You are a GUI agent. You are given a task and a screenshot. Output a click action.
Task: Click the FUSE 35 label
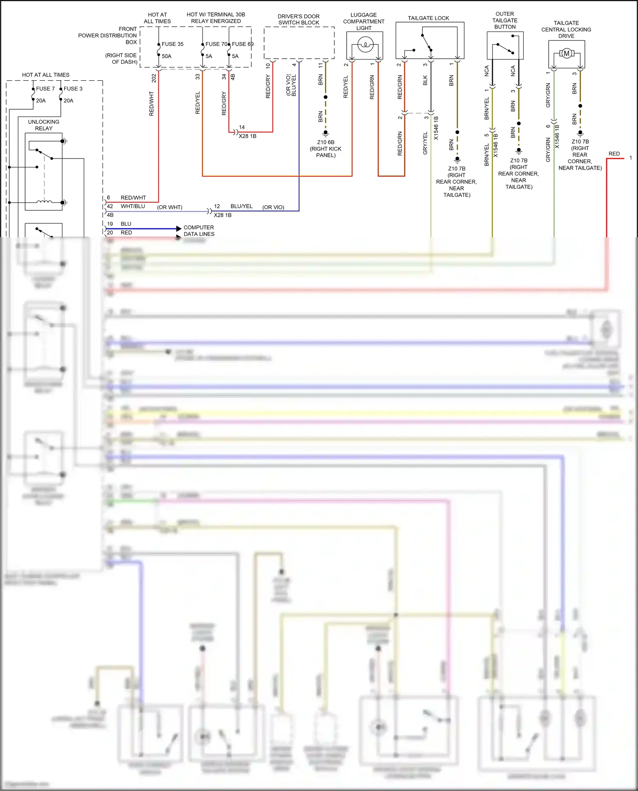(x=172, y=44)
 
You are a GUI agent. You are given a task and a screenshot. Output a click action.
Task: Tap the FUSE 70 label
(x=216, y=44)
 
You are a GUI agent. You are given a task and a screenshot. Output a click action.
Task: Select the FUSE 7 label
(x=45, y=89)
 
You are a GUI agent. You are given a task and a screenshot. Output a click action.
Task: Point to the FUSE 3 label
(x=73, y=89)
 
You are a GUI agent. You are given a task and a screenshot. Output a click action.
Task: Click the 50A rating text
(x=166, y=56)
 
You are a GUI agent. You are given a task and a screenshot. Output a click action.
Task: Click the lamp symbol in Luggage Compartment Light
(x=365, y=44)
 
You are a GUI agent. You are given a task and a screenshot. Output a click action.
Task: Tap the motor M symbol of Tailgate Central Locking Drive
(x=566, y=53)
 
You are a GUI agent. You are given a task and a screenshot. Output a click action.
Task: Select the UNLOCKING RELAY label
(x=44, y=125)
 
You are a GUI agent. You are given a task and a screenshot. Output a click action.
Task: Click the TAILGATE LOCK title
(x=428, y=18)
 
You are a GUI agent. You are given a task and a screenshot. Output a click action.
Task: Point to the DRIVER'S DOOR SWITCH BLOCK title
(x=299, y=20)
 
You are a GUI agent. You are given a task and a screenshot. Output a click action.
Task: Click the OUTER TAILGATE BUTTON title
(x=505, y=20)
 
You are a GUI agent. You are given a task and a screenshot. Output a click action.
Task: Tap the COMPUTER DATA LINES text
(x=199, y=231)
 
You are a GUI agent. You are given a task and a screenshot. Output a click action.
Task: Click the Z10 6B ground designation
(x=326, y=142)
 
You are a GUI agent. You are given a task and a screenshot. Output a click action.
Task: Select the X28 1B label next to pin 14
(x=248, y=136)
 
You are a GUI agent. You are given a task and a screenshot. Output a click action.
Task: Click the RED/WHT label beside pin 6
(x=133, y=198)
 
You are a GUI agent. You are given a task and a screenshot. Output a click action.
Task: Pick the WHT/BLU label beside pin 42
(x=133, y=206)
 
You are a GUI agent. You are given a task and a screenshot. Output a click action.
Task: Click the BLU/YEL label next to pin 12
(x=242, y=206)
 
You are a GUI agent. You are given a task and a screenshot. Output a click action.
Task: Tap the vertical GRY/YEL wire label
(x=425, y=143)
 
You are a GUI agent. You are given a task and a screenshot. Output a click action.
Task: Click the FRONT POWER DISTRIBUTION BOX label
(x=108, y=36)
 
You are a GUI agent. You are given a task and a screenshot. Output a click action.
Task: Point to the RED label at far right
(x=614, y=154)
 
